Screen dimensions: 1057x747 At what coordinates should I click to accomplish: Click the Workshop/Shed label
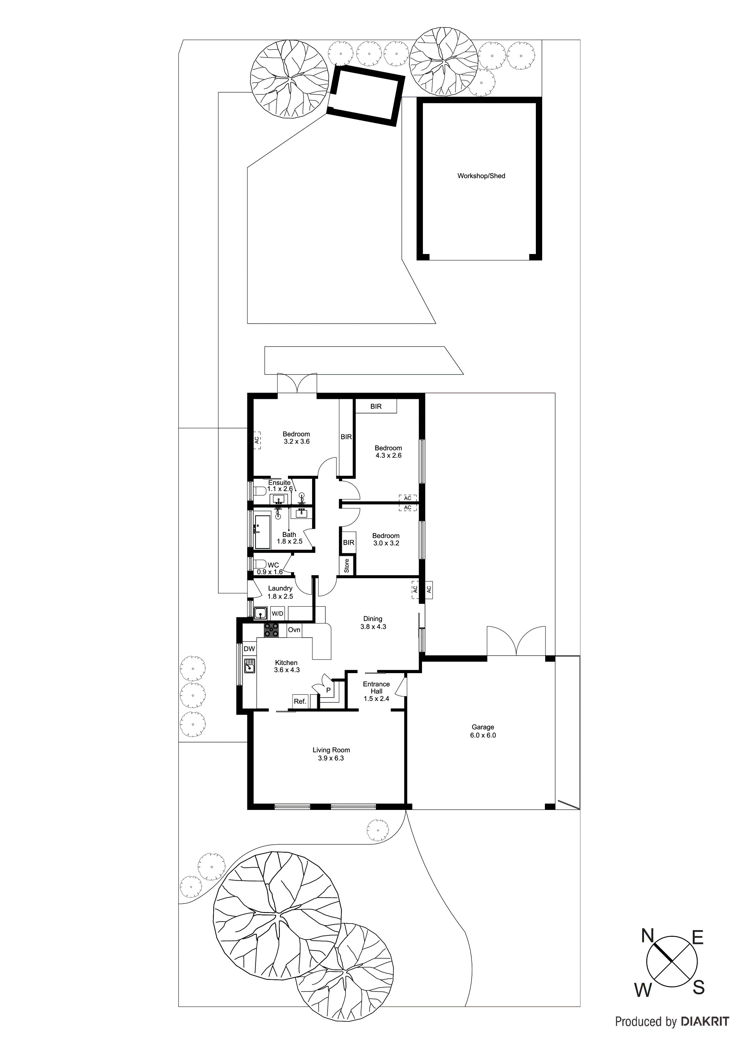click(x=481, y=176)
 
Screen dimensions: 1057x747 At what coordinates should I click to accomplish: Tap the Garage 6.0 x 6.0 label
click(x=483, y=731)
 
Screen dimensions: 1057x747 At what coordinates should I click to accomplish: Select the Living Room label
click(x=331, y=754)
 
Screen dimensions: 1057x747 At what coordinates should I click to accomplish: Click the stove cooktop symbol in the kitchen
click(x=271, y=630)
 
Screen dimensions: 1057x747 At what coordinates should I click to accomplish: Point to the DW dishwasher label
click(x=249, y=649)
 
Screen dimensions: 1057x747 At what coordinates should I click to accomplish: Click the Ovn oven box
click(x=294, y=630)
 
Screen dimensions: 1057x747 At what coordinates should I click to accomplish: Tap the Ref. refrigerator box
click(x=300, y=701)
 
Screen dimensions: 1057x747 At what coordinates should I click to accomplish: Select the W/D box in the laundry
click(x=277, y=613)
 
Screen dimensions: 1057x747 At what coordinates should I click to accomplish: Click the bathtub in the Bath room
click(x=263, y=532)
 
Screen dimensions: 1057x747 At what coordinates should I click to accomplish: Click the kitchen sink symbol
click(x=249, y=666)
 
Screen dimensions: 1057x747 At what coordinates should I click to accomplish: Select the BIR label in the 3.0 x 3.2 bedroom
click(x=348, y=542)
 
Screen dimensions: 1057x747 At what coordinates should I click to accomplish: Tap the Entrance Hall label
click(x=377, y=691)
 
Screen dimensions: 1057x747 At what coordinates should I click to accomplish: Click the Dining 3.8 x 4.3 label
click(x=373, y=623)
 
